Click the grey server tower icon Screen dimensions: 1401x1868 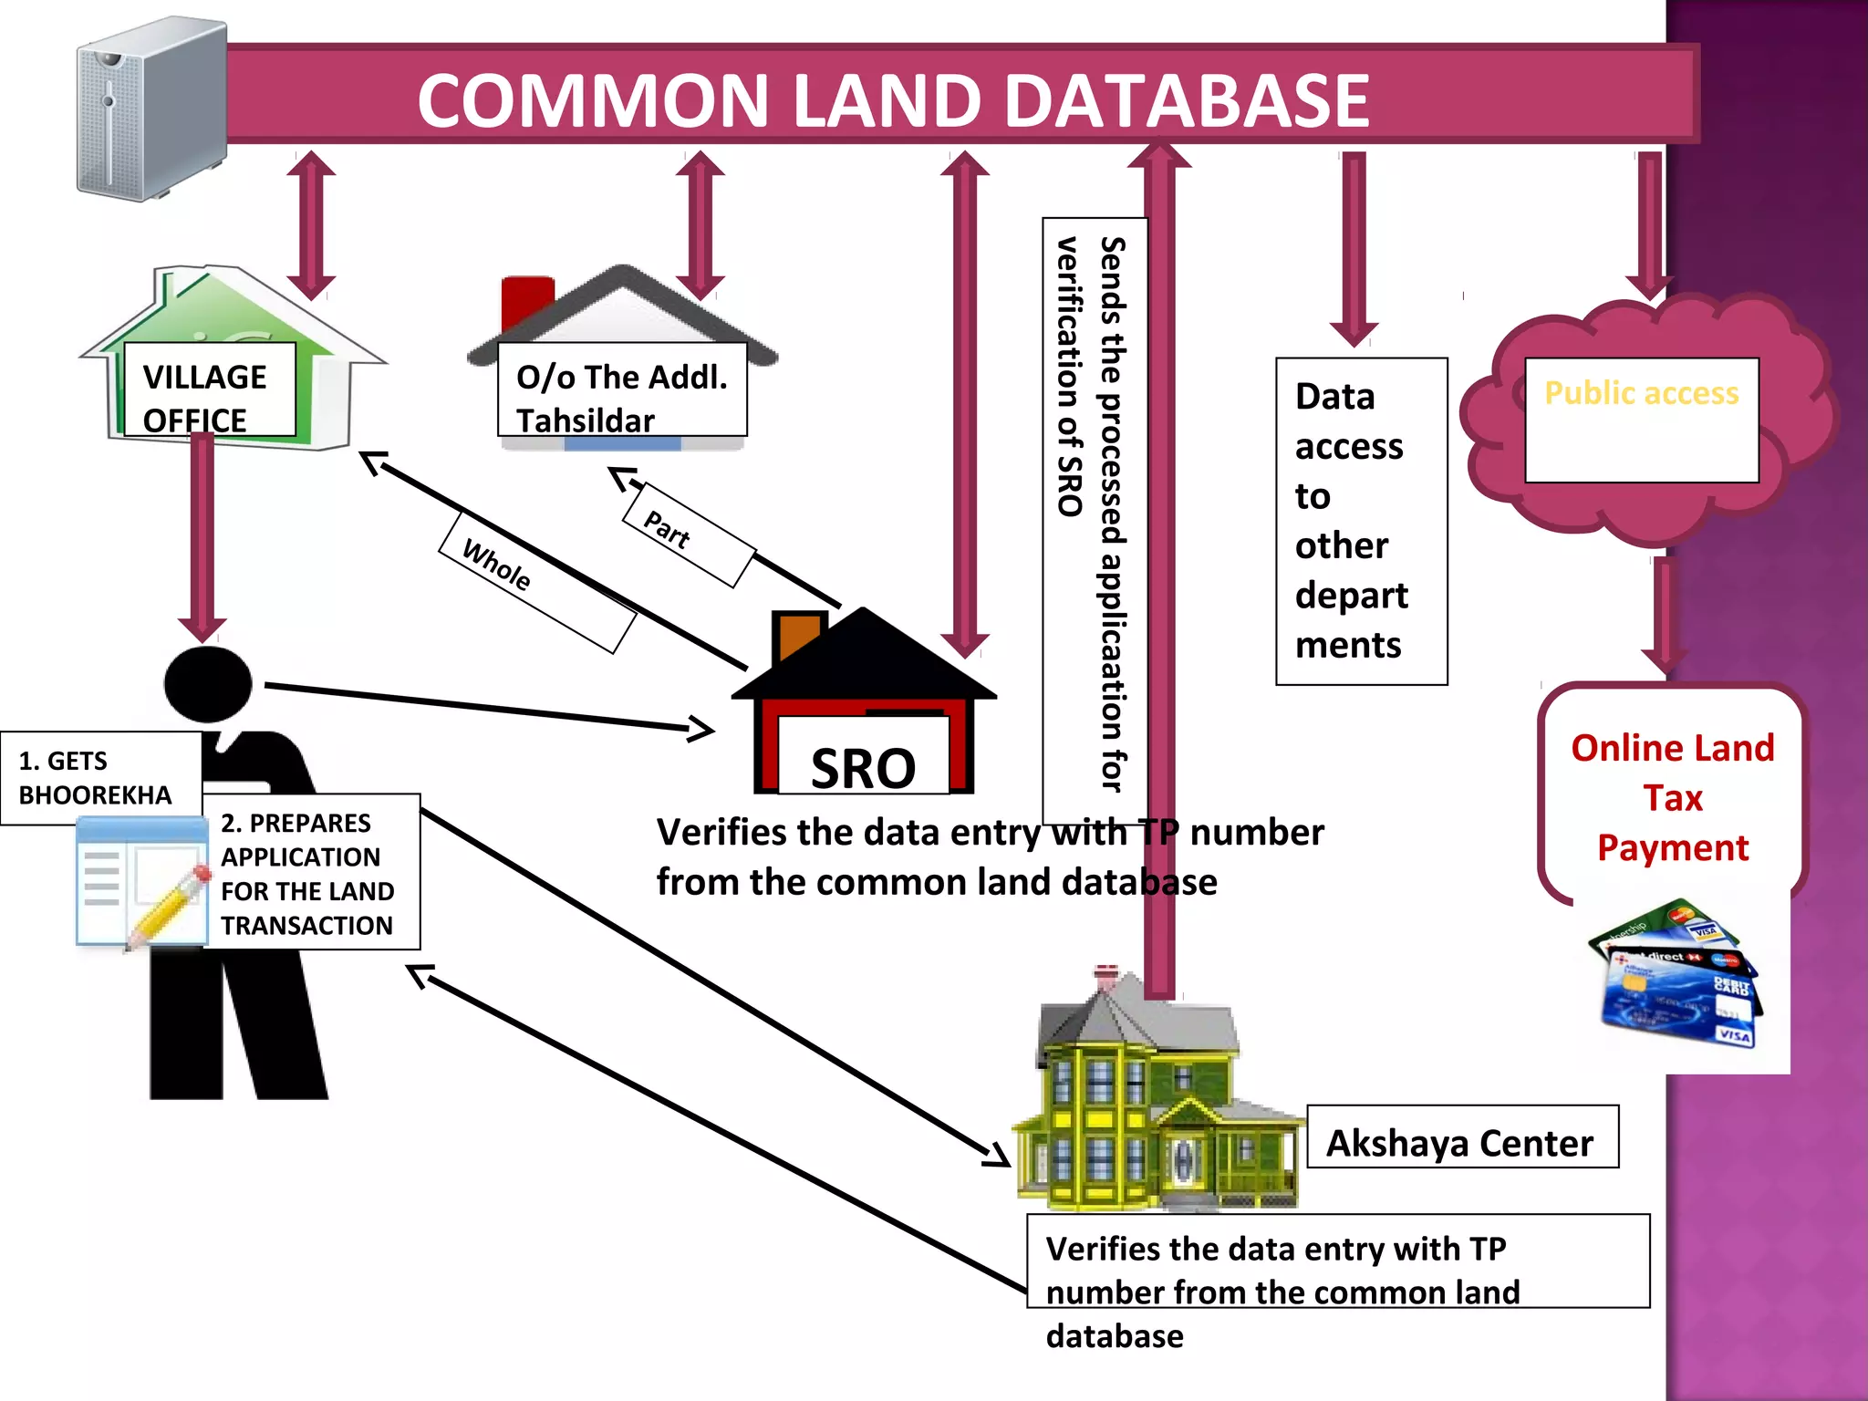click(x=150, y=109)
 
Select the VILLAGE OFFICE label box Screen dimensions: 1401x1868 click(x=209, y=390)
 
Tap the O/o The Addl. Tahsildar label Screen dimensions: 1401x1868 click(x=622, y=390)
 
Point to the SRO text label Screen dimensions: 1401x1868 click(x=863, y=768)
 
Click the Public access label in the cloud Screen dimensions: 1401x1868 click(x=1641, y=394)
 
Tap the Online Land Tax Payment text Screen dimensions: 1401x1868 click(x=1672, y=797)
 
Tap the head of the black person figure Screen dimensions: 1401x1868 click(x=208, y=683)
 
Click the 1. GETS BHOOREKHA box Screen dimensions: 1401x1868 click(x=100, y=778)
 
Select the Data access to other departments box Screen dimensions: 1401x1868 click(x=1361, y=521)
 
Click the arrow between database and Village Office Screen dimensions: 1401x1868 click(x=311, y=225)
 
